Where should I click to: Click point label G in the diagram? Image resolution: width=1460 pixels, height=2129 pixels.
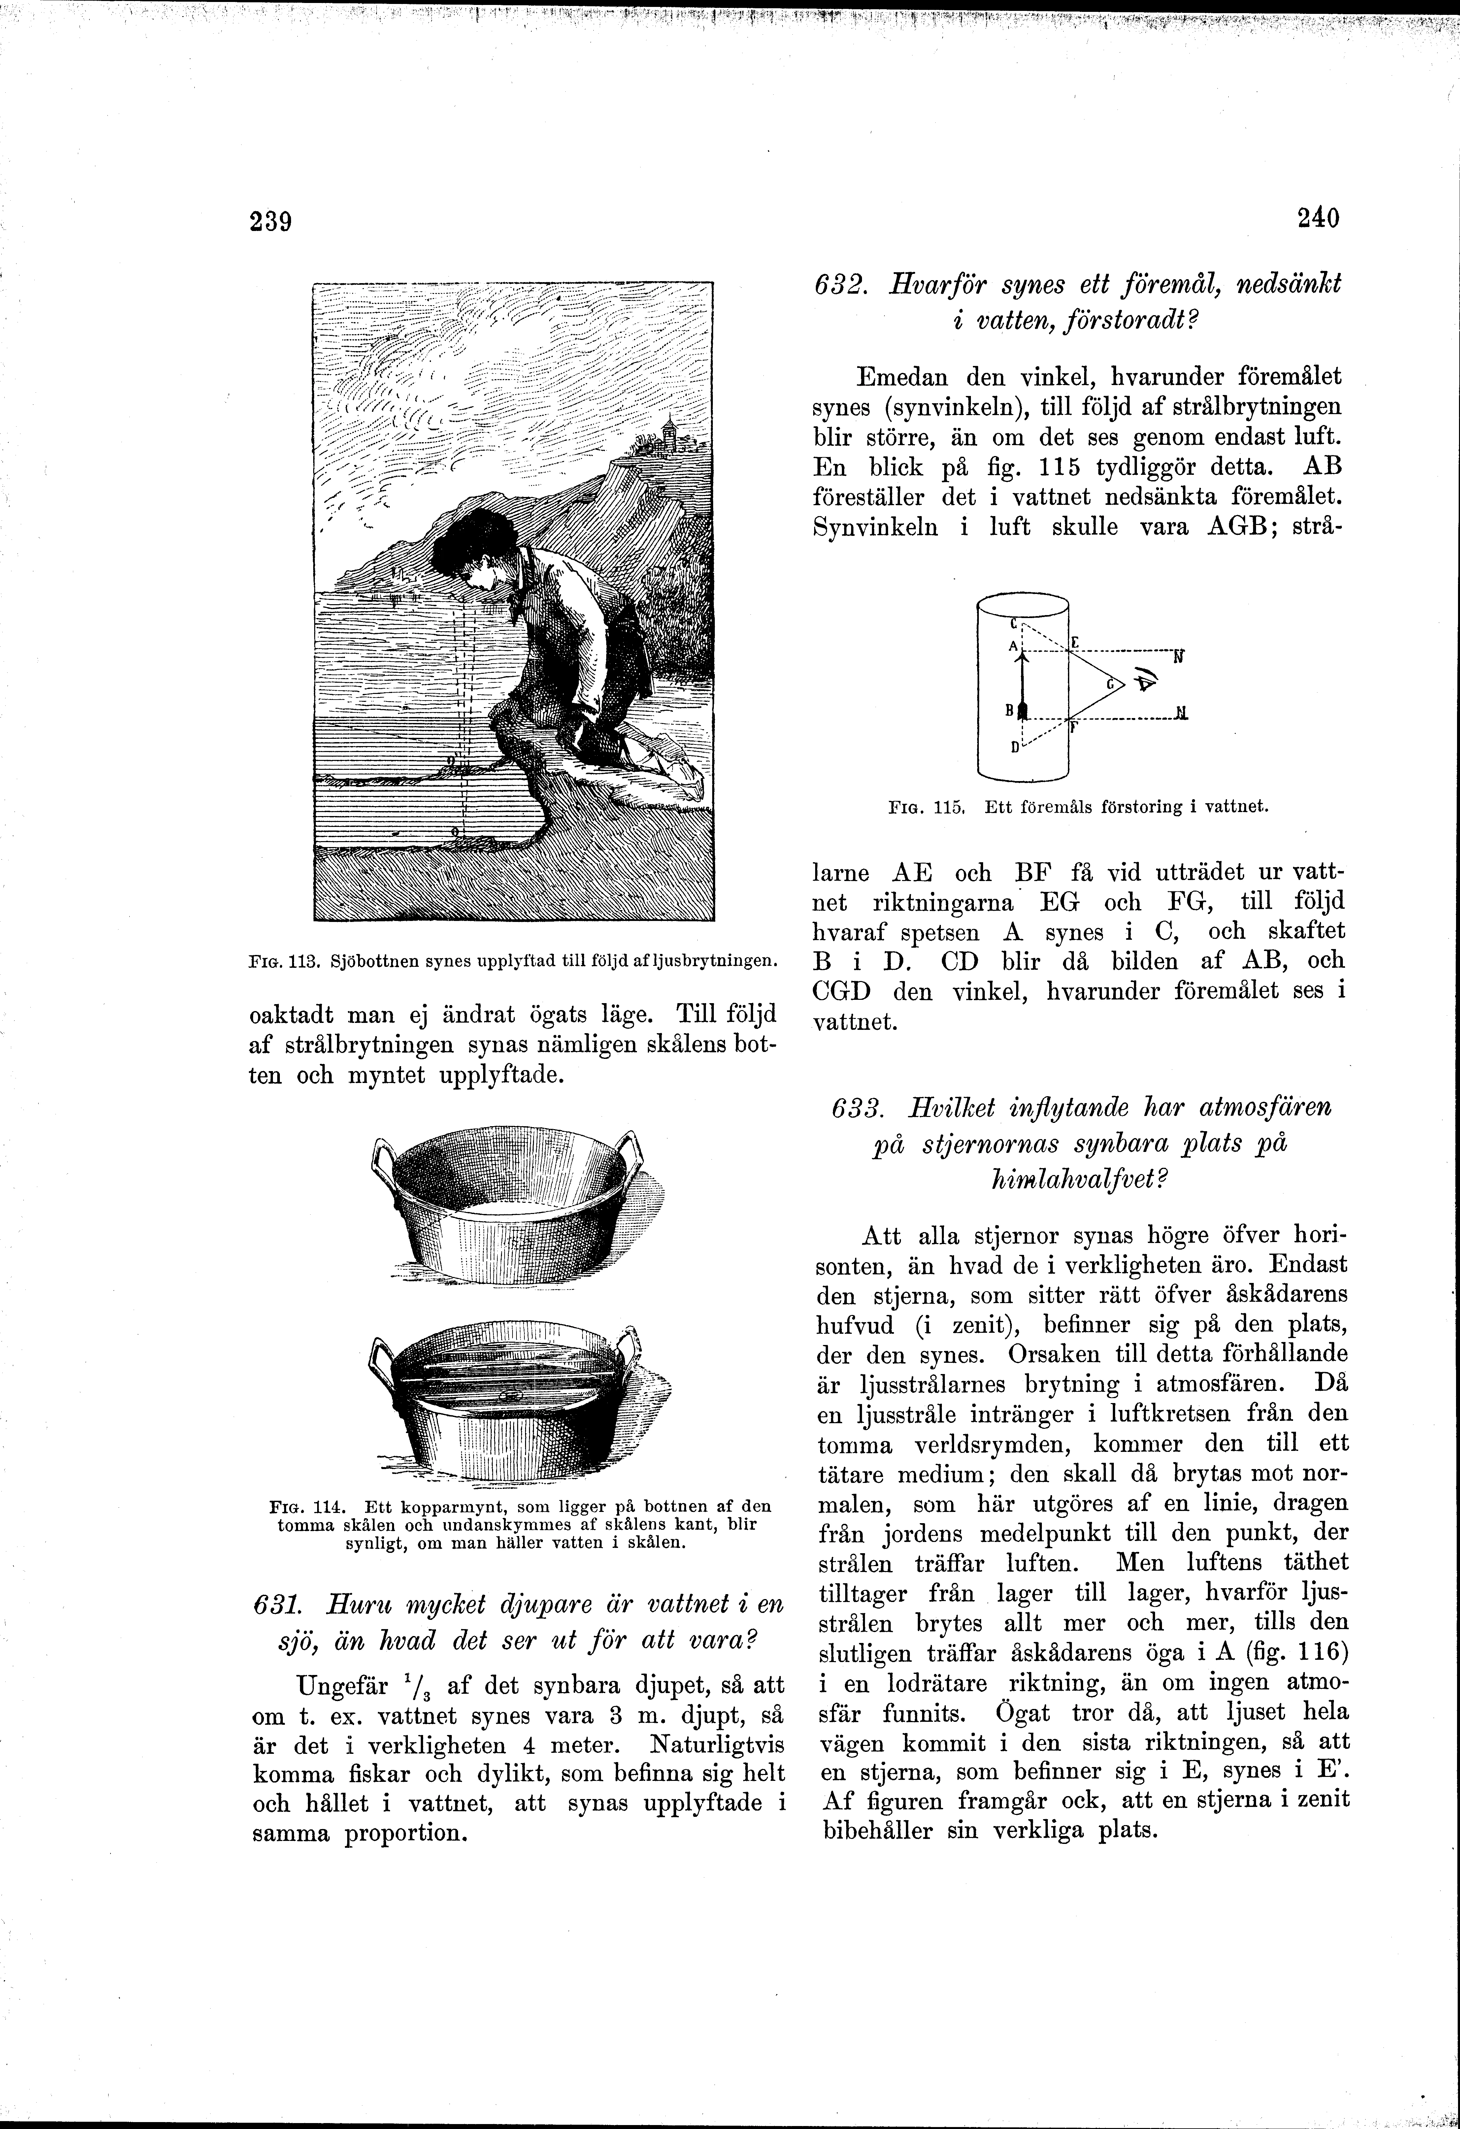click(x=1109, y=683)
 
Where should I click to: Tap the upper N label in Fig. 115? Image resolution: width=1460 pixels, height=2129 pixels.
click(x=1179, y=656)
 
